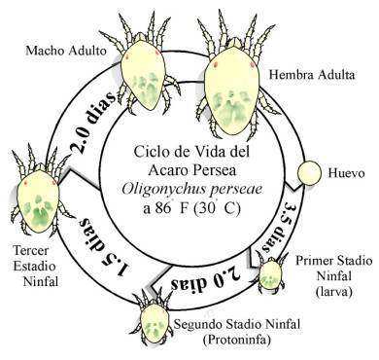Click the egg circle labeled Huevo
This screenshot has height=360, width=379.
[x=309, y=173]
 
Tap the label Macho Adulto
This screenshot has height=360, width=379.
[x=66, y=51]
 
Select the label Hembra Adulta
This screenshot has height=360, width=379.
[x=312, y=75]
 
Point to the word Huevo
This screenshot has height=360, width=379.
[x=346, y=173]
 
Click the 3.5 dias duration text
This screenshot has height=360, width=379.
[x=277, y=227]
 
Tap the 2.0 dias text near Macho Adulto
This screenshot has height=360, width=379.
[x=93, y=123]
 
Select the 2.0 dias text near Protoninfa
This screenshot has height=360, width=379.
[x=206, y=279]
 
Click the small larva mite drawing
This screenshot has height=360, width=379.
[x=271, y=272]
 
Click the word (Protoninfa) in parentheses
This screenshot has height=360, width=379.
[x=237, y=340]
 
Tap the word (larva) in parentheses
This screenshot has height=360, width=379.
[x=333, y=292]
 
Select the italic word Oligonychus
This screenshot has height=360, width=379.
[x=160, y=190]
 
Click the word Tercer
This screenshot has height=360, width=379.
[x=31, y=250]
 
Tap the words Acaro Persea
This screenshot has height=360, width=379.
[x=191, y=170]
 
